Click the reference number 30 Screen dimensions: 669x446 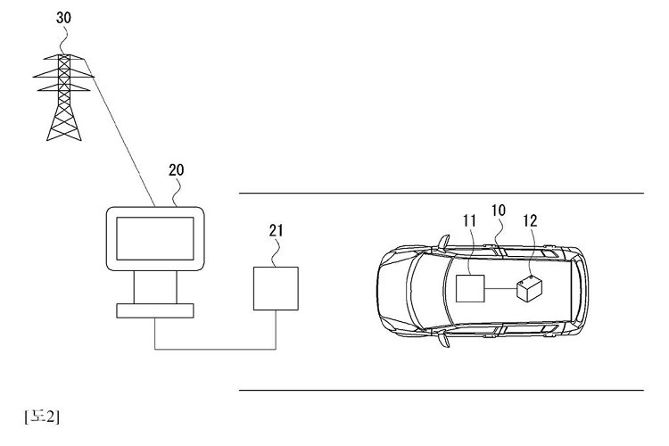pyautogui.click(x=63, y=18)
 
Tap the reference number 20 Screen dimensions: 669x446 pyautogui.click(x=177, y=169)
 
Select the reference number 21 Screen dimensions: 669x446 pyautogui.click(x=276, y=230)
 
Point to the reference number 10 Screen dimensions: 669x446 pyautogui.click(x=499, y=210)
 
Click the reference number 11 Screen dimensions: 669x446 pyautogui.click(x=469, y=220)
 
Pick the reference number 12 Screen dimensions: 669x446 pyautogui.click(x=530, y=220)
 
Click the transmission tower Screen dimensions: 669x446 pyautogui.click(x=63, y=97)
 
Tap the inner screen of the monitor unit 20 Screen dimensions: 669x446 pyautogui.click(x=155, y=238)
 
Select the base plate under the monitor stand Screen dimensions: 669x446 pyautogui.click(x=155, y=310)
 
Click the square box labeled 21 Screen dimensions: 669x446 pyautogui.click(x=276, y=288)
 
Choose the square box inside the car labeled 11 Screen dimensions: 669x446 pyautogui.click(x=471, y=288)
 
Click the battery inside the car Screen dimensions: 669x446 pyautogui.click(x=530, y=288)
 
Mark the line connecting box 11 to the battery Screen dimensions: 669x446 pyautogui.click(x=501, y=288)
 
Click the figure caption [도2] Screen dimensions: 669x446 pyautogui.click(x=42, y=417)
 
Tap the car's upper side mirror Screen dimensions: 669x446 pyautogui.click(x=443, y=242)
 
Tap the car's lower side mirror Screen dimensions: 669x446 pyautogui.click(x=443, y=340)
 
